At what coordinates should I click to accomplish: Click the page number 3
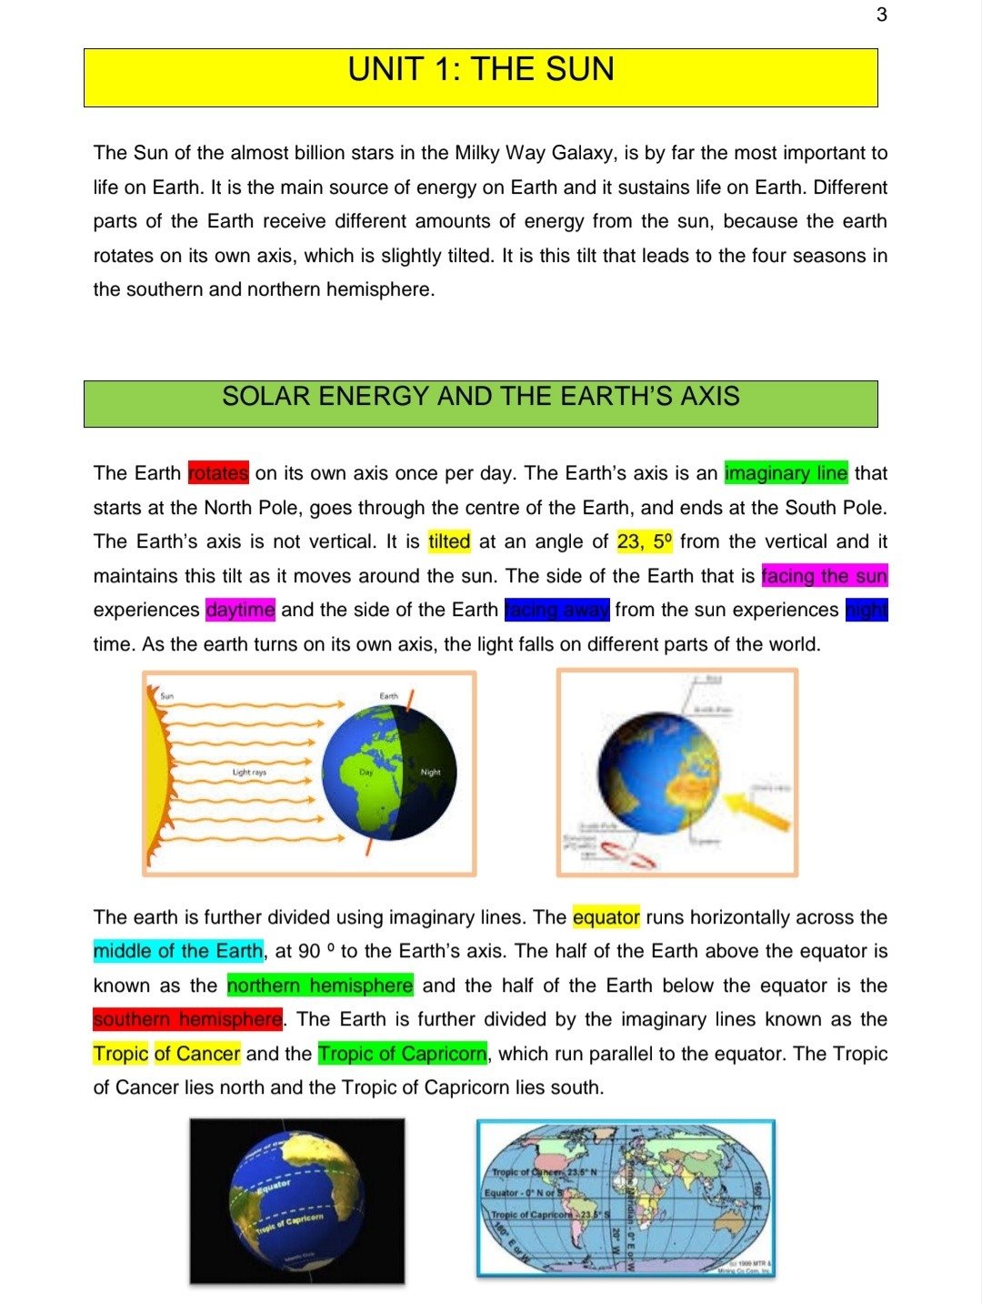click(881, 15)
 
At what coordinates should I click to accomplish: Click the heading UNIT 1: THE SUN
click(481, 70)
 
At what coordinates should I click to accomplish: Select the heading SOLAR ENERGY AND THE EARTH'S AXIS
click(481, 397)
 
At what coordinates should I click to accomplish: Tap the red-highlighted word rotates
click(218, 473)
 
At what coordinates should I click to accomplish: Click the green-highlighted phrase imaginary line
click(786, 473)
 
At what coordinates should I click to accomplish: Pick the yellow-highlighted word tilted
click(449, 542)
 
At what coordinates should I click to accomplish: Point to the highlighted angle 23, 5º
click(645, 542)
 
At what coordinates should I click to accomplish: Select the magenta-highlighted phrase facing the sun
click(824, 576)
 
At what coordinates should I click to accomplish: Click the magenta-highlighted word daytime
click(240, 610)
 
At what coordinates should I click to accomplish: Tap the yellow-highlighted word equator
click(606, 917)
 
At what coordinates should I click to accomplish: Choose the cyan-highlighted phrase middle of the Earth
click(178, 952)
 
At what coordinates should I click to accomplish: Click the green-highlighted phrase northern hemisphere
click(320, 986)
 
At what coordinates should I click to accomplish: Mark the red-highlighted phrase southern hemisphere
click(187, 1020)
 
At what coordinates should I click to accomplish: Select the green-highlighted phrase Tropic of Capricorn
click(402, 1054)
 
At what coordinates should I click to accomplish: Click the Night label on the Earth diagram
click(430, 773)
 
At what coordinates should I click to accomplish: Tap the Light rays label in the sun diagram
click(249, 773)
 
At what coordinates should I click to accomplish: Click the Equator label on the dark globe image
click(274, 1186)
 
